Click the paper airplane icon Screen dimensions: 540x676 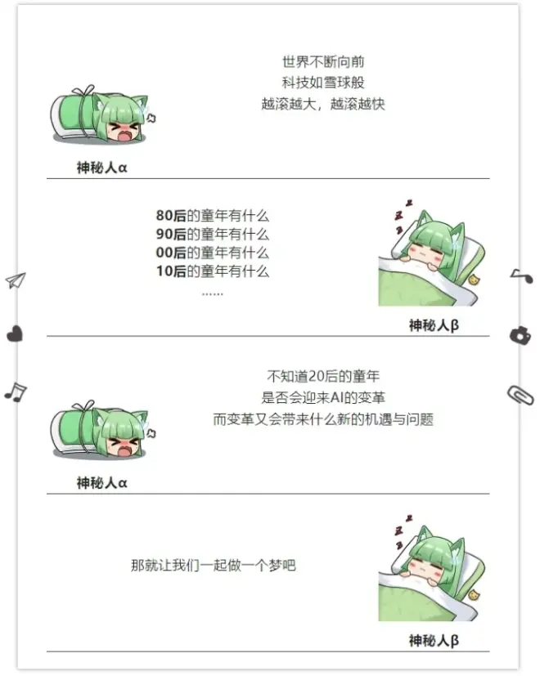(16, 280)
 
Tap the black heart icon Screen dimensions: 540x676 (15, 334)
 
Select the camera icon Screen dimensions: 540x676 (520, 335)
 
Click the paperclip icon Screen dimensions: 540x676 (520, 395)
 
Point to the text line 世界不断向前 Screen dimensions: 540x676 (323, 61)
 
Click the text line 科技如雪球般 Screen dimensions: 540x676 (323, 83)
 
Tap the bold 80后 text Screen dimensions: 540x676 (171, 215)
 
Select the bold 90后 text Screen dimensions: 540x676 (171, 234)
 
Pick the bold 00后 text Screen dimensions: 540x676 (171, 253)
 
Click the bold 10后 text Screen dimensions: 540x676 (171, 271)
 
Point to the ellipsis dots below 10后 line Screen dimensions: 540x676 (213, 294)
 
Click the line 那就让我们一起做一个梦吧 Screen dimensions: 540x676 (214, 565)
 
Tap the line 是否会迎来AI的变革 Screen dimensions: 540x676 (323, 397)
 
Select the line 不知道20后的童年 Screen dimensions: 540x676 (323, 376)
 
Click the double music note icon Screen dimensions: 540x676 (16, 392)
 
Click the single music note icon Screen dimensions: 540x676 (522, 275)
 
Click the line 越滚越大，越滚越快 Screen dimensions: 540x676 (323, 104)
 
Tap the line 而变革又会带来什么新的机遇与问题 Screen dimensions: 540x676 (323, 419)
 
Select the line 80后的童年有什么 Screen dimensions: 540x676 (213, 215)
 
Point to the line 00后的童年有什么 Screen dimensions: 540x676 (213, 253)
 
